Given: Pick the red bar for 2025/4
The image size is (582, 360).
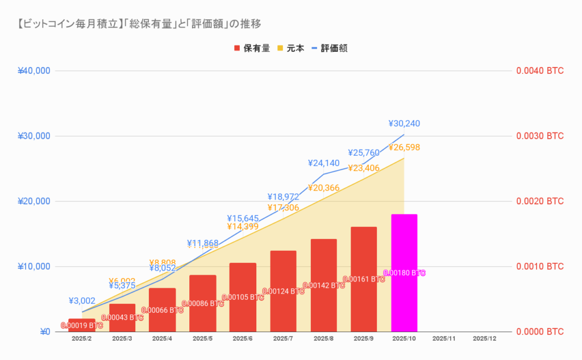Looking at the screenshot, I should [x=162, y=313].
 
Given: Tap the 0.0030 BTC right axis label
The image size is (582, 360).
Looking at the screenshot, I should [x=539, y=136].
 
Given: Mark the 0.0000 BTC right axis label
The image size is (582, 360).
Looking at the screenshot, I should [x=539, y=332].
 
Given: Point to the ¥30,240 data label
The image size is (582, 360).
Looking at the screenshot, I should [x=404, y=123].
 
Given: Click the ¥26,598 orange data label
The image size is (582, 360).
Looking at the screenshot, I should [x=404, y=148].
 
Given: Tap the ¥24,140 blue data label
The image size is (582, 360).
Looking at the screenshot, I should [x=323, y=163].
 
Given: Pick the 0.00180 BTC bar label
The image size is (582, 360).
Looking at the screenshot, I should [x=404, y=273].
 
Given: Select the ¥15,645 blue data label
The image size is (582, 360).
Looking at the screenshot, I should [x=243, y=218].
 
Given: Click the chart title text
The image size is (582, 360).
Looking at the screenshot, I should [x=139, y=23].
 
